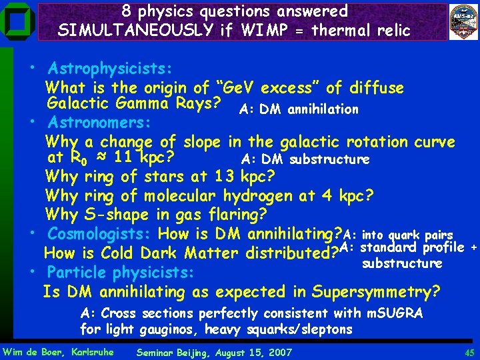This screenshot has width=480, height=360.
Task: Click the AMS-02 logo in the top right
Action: click(x=463, y=21)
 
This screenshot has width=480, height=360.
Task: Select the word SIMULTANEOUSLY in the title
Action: click(x=137, y=30)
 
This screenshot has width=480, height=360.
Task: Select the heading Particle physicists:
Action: click(x=121, y=272)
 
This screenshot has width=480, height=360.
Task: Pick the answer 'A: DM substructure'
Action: click(x=305, y=159)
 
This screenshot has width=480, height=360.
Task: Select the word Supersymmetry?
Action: click(x=383, y=291)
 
